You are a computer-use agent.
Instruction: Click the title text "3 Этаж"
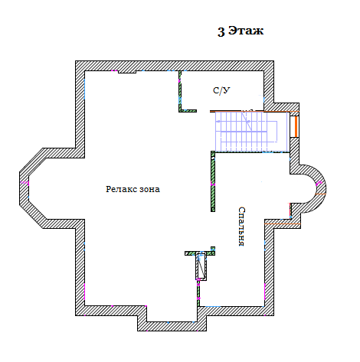241,31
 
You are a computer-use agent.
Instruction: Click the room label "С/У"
221,90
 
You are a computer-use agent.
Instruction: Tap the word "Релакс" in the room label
122,189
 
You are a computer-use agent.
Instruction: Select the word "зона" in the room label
150,190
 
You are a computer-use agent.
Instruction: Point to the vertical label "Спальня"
241,227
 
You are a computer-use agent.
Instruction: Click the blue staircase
251,132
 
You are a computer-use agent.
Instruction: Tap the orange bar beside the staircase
296,127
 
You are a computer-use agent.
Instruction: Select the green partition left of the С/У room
180,91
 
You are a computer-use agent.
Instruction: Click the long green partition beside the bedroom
213,181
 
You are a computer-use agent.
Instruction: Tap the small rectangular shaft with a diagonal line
201,267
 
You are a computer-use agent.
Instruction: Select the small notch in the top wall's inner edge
127,72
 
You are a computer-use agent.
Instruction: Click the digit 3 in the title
221,31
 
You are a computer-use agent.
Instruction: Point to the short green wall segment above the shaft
200,253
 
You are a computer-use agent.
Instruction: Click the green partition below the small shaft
198,293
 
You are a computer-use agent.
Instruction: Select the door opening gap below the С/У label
204,111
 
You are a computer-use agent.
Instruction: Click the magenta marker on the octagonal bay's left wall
25,183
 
